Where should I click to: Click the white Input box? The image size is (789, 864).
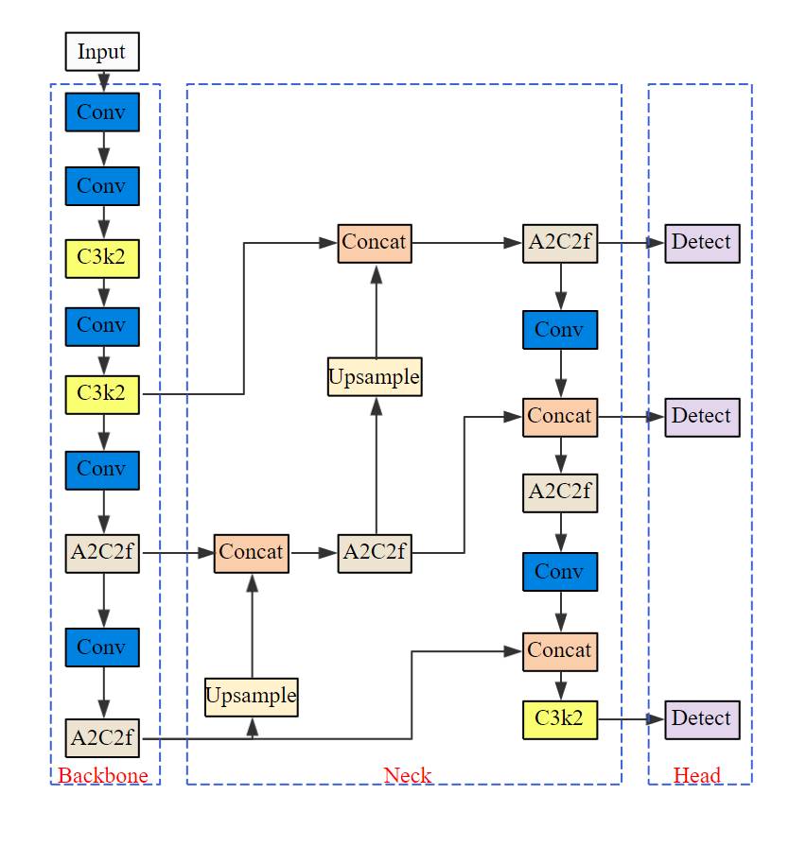pos(102,51)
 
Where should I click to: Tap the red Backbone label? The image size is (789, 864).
pos(103,776)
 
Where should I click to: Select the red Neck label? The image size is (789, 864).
pos(407,776)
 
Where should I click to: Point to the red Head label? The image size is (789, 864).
pos(697,776)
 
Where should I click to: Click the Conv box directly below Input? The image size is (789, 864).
pos(102,112)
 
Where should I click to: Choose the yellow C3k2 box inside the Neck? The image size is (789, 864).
pos(560,719)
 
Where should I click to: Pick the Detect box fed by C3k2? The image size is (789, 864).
pos(701,719)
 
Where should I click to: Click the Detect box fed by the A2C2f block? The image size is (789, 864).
pos(701,243)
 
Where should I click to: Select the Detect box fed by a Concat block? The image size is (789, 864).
pos(701,417)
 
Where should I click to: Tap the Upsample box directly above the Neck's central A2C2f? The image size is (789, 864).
pos(375,377)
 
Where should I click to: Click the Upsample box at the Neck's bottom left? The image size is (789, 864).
pos(252,698)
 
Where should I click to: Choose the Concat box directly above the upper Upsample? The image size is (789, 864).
pos(375,243)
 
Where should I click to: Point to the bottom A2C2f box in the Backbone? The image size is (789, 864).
pos(102,737)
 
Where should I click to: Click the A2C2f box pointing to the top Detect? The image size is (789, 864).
pos(560,243)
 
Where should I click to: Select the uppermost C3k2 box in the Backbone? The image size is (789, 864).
pos(102,258)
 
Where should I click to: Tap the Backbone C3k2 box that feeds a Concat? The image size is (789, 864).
pos(102,393)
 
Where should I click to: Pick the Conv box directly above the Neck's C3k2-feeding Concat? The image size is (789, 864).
pos(560,572)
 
